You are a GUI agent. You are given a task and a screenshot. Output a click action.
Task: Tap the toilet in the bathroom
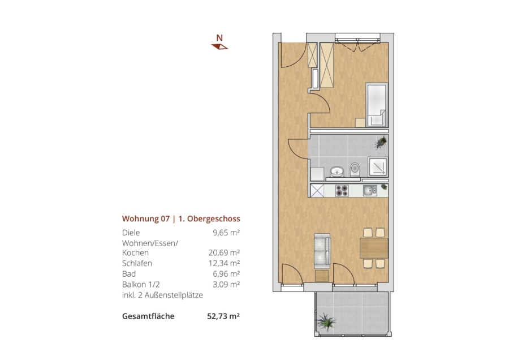click(355, 169)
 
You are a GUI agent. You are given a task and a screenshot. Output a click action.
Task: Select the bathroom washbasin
click(337, 171)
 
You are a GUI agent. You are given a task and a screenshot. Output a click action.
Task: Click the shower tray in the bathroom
click(378, 166)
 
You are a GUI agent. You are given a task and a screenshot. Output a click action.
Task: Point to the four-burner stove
click(342, 190)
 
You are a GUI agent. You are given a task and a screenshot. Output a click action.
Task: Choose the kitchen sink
click(370, 190)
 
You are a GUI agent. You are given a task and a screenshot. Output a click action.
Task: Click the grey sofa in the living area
click(322, 251)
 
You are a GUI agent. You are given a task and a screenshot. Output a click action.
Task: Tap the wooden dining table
click(374, 248)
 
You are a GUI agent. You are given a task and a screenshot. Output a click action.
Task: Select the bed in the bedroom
click(377, 105)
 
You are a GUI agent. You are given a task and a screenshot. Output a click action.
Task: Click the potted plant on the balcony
click(326, 322)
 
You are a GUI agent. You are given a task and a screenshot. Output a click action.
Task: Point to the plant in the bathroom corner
click(381, 142)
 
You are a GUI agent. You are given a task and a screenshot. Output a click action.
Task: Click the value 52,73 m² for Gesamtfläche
click(223, 316)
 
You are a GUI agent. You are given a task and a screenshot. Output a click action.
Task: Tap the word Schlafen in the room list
click(137, 263)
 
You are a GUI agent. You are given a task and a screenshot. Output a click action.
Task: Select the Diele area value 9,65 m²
click(226, 233)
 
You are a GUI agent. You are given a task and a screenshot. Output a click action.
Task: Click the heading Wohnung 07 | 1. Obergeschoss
click(181, 218)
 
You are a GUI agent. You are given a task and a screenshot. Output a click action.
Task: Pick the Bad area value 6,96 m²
click(226, 274)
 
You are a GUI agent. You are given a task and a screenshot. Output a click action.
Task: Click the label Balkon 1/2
click(141, 285)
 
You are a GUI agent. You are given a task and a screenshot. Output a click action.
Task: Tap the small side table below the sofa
click(322, 276)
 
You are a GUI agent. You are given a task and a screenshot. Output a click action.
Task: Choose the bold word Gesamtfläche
click(148, 316)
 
